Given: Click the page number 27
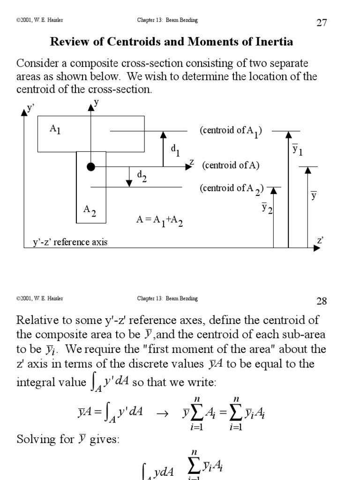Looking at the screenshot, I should pos(322,23).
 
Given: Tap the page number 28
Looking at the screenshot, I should pos(322,301).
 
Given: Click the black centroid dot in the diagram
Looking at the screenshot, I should pos(91,167).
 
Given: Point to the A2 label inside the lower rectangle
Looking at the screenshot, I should pos(90,210).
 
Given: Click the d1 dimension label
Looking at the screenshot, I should pos(175,150).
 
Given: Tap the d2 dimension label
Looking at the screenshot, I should pos(142,176).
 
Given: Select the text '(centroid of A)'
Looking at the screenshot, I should pos(231,165).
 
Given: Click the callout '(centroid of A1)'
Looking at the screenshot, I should pos(231,131).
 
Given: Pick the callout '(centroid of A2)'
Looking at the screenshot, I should pos(232,188).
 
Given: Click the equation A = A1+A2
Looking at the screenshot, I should pos(159,220).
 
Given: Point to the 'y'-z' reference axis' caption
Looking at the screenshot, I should pos(70,242).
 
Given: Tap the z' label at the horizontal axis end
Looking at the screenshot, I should pos(321,240).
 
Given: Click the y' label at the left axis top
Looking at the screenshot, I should pos(31,108).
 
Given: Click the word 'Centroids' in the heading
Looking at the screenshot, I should pos(130,42).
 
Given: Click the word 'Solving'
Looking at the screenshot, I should pos(34,439).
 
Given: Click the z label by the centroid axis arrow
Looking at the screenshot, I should pos(191,162).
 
